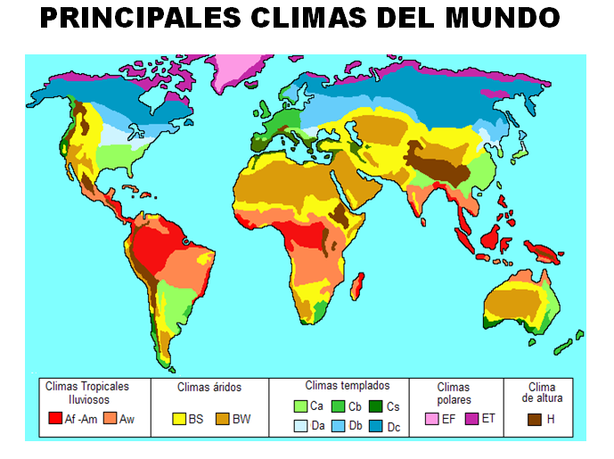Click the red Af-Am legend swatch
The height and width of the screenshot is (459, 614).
coord(55,419)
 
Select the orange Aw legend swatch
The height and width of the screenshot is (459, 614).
coord(111,419)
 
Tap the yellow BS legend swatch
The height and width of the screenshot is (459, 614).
coord(179,419)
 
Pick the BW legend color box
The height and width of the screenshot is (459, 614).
coord(223,419)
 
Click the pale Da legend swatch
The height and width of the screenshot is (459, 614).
coord(301,427)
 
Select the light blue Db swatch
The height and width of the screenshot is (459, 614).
coord(339,427)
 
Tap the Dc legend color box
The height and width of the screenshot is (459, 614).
coord(378,427)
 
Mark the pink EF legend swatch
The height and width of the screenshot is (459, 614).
coord(432,419)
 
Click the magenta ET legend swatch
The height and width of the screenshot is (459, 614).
coord(471,419)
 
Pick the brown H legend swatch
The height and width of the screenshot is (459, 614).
coord(535,419)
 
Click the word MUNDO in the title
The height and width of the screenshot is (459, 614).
coord(500,18)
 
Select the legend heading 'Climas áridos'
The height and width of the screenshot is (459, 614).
coord(209,388)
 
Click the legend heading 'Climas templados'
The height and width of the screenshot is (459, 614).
coord(348,386)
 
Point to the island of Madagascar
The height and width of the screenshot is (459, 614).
coord(357,287)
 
